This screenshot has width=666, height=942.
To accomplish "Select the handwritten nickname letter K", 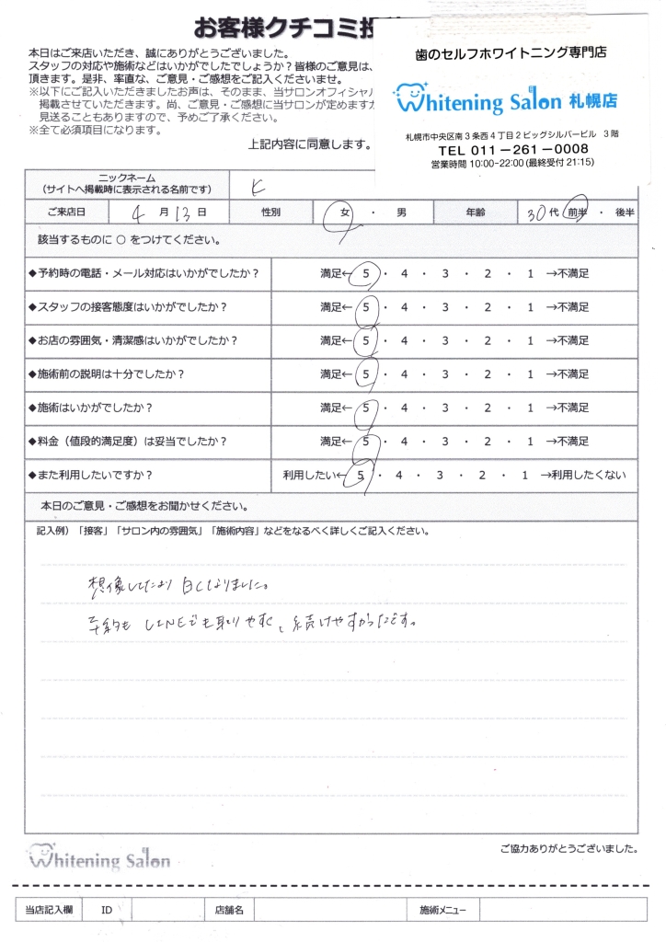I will [258, 184].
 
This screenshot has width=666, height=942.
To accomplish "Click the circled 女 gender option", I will [348, 213].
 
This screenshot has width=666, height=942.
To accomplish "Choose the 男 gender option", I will [401, 213].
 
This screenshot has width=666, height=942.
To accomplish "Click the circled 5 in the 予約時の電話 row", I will [367, 274].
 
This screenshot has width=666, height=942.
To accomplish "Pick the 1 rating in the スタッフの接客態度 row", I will [530, 307].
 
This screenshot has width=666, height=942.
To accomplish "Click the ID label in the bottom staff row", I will [107, 910].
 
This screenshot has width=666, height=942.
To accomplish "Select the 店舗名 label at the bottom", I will [228, 910].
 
